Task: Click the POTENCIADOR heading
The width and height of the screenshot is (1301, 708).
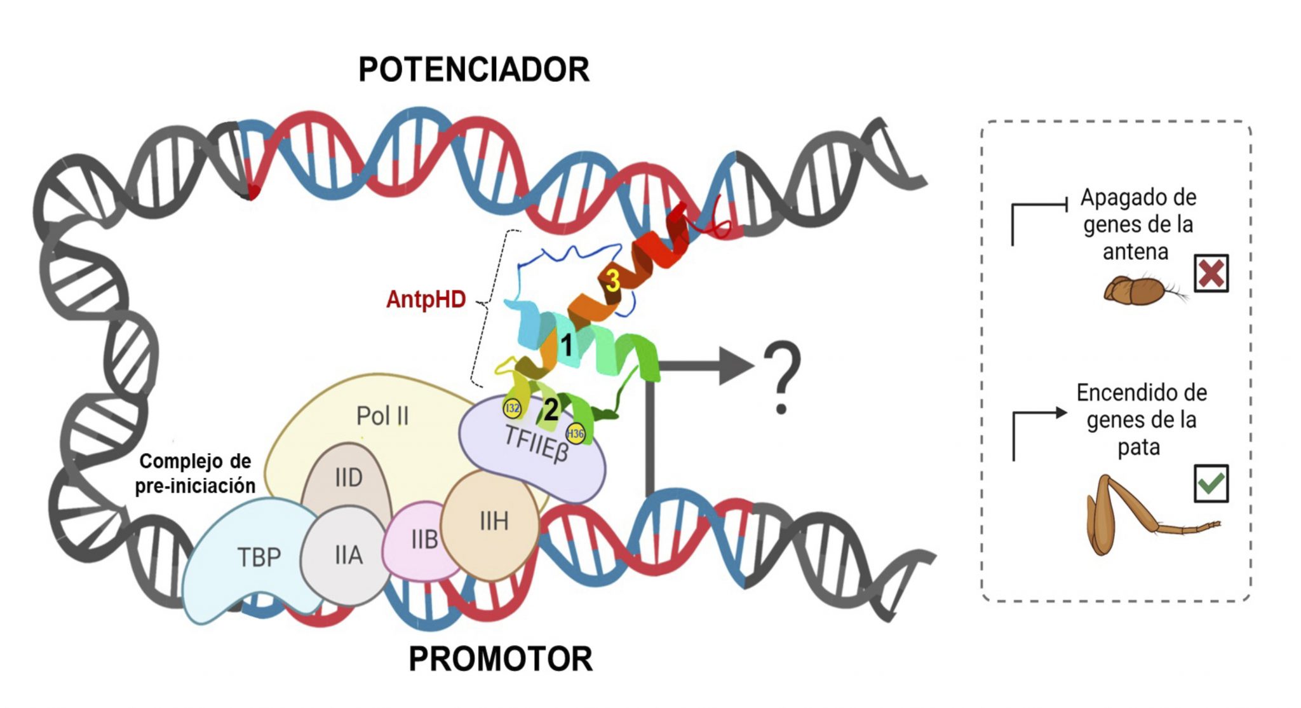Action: (x=474, y=69)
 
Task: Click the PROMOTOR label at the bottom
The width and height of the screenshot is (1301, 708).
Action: (x=501, y=659)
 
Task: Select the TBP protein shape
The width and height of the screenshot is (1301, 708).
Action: (x=254, y=559)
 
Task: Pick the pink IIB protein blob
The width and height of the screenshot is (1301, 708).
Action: (x=421, y=540)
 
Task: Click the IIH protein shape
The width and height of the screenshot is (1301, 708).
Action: (x=492, y=522)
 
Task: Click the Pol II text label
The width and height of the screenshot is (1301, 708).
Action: (x=382, y=416)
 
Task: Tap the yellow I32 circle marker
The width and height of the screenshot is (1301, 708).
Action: (x=512, y=408)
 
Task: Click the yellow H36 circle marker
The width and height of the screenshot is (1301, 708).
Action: (x=576, y=434)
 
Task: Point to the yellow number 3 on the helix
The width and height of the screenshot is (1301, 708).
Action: (x=612, y=280)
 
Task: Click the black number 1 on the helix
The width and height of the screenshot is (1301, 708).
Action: (x=566, y=345)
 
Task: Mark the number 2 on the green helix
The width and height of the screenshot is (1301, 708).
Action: (x=551, y=409)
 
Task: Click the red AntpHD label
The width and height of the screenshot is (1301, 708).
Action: (x=426, y=299)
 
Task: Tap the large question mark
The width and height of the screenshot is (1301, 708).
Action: (x=782, y=378)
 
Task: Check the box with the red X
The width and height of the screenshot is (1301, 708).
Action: (x=1211, y=274)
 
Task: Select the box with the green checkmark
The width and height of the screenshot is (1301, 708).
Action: (x=1211, y=484)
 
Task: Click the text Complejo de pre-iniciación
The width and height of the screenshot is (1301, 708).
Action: (x=195, y=473)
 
